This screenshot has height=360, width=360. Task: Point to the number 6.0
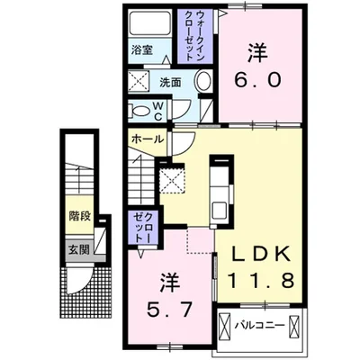[262, 80]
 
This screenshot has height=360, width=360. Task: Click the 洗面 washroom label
[171, 82]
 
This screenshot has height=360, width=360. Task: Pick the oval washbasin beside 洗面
[202, 83]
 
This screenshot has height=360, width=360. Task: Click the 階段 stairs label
[80, 216]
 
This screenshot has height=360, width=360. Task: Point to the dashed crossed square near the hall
[171, 181]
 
